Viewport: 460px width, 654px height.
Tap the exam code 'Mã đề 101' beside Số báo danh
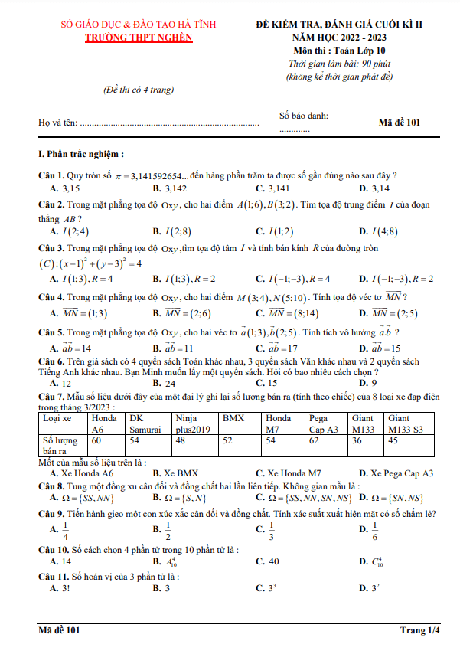400,121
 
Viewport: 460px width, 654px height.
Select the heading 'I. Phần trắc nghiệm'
81,153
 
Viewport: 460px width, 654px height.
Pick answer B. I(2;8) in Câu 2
171,231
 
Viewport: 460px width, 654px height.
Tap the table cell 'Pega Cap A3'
323,424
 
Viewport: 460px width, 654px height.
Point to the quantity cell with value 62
315,440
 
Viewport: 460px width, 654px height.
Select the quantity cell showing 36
358,440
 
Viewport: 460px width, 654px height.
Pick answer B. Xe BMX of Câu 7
175,473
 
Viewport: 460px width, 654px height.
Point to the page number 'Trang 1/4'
420,630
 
